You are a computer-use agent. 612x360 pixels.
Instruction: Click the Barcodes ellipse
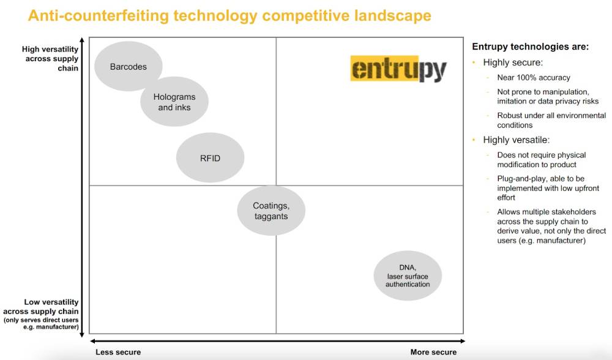tap(129, 66)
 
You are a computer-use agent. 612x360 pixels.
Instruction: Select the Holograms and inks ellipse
tap(174, 102)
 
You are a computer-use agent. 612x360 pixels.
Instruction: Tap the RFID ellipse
tap(210, 158)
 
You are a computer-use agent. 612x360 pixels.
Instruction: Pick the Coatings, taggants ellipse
tap(271, 211)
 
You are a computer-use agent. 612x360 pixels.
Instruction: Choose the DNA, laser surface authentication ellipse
tap(408, 276)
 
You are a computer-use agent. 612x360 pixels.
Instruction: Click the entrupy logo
tap(398, 69)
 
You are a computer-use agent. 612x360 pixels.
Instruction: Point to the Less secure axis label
tap(118, 352)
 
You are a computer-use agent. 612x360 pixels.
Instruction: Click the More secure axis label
tap(433, 352)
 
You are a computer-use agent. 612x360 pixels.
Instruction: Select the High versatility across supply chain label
tap(50, 59)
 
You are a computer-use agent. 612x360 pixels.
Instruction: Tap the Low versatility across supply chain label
tap(41, 314)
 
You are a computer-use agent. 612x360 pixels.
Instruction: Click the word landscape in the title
tap(393, 16)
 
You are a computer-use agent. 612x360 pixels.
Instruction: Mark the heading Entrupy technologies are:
tap(530, 47)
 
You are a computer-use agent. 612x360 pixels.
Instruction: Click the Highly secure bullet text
tap(513, 62)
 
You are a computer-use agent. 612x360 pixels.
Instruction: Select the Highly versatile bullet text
tap(516, 140)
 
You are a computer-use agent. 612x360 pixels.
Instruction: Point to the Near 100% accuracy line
tap(534, 77)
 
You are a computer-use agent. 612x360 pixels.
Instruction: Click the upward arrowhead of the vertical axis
tap(82, 40)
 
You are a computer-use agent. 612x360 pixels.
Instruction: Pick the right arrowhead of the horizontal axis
tap(463, 341)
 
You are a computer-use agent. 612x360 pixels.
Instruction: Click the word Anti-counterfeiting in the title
tap(99, 16)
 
